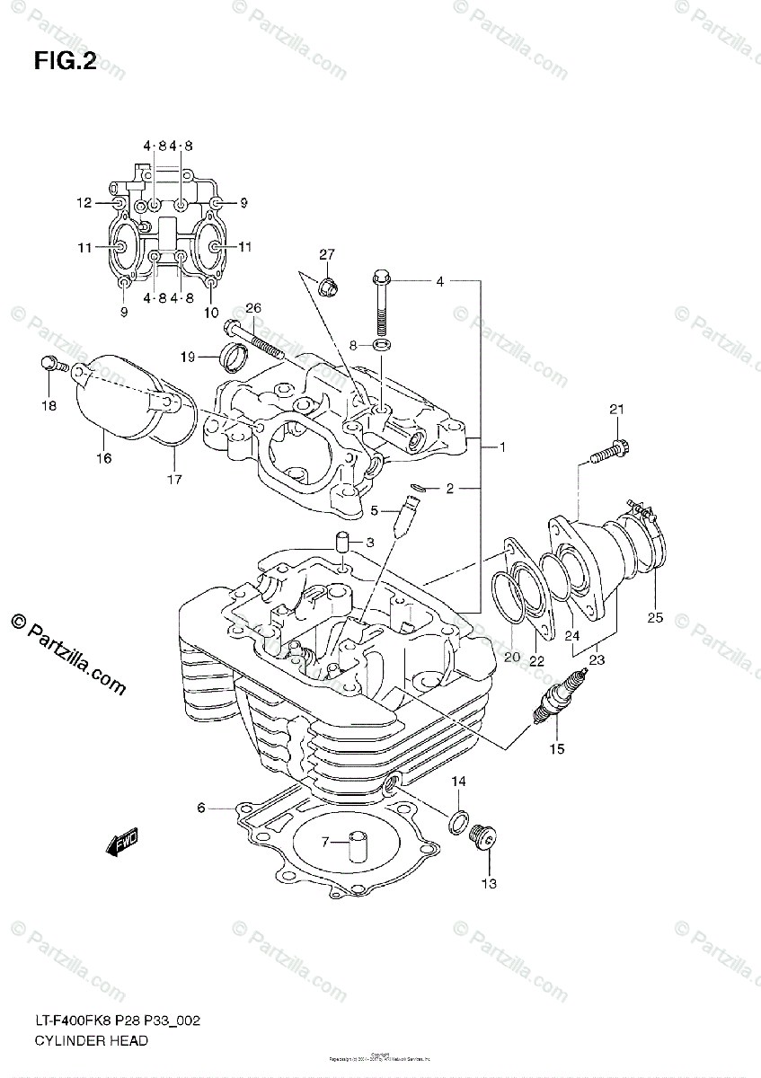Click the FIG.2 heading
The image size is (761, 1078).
click(64, 61)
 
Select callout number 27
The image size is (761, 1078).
click(326, 254)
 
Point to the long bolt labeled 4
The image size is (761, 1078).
click(381, 305)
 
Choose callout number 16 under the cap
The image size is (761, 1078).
click(104, 458)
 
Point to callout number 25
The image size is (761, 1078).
click(654, 618)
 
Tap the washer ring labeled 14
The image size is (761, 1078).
click(456, 818)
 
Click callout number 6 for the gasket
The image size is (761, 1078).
click(202, 808)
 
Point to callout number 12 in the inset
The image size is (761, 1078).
click(84, 203)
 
